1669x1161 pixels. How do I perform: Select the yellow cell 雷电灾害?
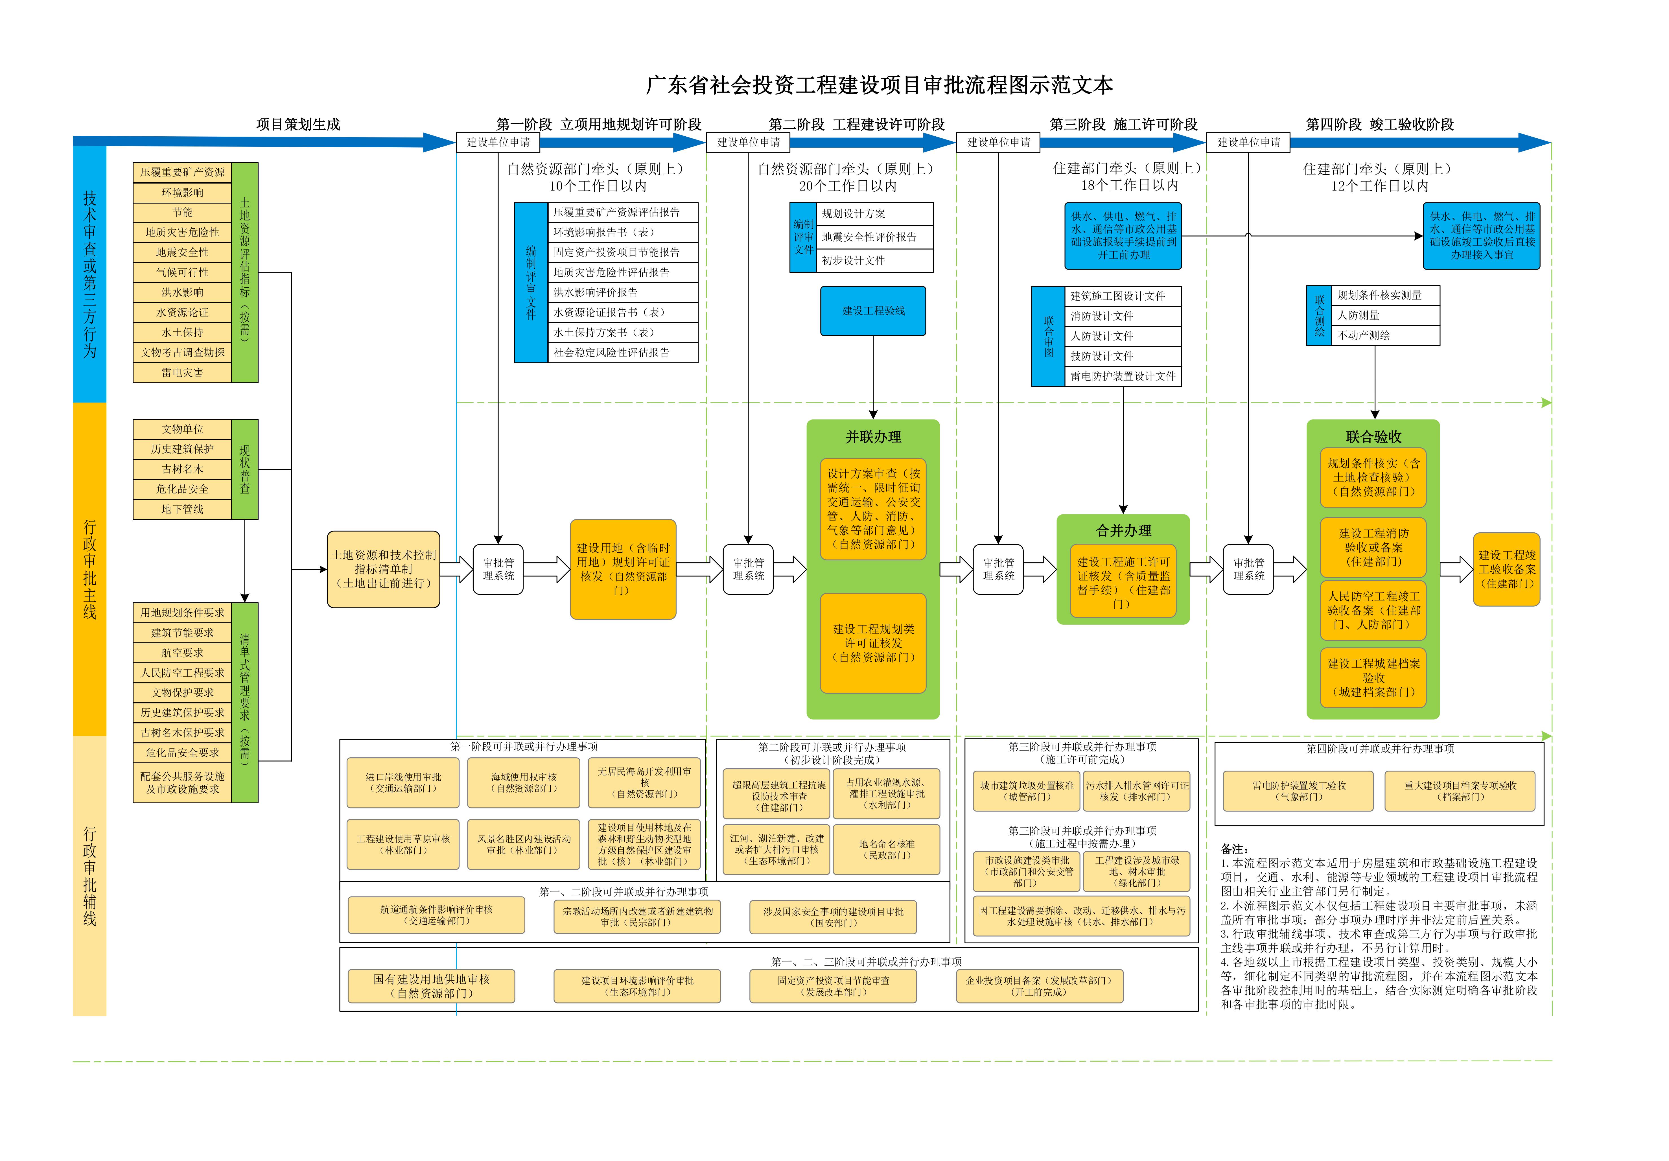tap(182, 372)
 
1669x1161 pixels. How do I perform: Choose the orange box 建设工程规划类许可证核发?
tap(873, 643)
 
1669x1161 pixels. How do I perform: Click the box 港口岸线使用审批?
tap(403, 782)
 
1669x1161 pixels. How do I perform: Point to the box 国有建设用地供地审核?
tap(432, 986)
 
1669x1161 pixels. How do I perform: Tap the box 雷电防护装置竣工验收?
tap(1298, 791)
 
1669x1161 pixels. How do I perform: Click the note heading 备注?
tap(1234, 849)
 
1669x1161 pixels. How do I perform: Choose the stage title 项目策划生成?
tap(298, 124)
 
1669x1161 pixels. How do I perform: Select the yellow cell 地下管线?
tap(182, 509)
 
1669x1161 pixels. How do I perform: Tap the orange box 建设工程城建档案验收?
tap(1373, 677)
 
